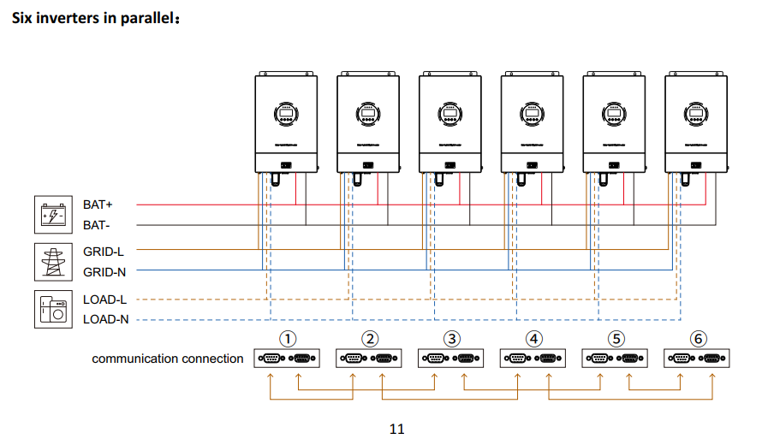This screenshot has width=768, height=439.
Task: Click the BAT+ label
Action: (x=98, y=205)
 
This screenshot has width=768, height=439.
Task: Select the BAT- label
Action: (x=97, y=225)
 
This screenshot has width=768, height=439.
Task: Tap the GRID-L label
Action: (x=104, y=252)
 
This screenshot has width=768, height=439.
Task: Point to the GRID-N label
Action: (x=104, y=272)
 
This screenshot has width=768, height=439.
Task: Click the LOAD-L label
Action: (x=104, y=300)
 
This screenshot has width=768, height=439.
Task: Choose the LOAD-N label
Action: (x=105, y=319)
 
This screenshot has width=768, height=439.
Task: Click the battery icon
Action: (x=51, y=215)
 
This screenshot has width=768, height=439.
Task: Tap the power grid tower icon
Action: (x=51, y=261)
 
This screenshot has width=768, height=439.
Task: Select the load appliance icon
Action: (x=51, y=309)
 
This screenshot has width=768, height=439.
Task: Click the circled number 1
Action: (x=289, y=339)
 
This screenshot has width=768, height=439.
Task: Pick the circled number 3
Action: (x=452, y=339)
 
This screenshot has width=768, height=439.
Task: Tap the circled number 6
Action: (x=699, y=339)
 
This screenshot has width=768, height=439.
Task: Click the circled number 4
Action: (x=534, y=339)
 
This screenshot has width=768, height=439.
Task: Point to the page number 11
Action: (x=396, y=429)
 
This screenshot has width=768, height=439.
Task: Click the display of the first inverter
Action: (x=286, y=113)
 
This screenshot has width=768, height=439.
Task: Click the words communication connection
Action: (x=168, y=359)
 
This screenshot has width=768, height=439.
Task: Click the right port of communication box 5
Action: (x=630, y=359)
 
